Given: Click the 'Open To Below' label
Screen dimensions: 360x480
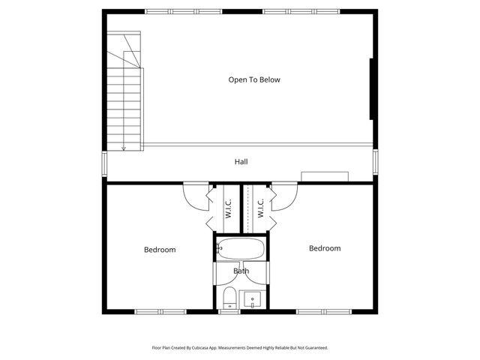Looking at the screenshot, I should click(x=254, y=79).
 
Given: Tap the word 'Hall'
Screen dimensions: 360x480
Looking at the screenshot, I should click(x=241, y=162).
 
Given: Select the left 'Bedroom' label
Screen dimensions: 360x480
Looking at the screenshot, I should click(x=160, y=250).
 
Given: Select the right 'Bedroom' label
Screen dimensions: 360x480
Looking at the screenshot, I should click(x=325, y=248).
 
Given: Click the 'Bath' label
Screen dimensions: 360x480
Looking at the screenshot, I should click(x=241, y=271).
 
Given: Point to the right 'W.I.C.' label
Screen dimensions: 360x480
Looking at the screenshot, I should click(x=260, y=208).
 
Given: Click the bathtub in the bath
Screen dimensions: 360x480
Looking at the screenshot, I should click(x=241, y=248).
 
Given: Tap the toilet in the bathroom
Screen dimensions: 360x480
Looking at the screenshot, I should click(x=230, y=298).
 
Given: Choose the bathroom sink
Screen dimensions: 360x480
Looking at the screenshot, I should click(x=253, y=298).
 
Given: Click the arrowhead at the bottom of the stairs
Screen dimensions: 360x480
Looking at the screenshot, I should click(x=124, y=148).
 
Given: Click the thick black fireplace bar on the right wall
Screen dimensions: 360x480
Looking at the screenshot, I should click(x=372, y=88).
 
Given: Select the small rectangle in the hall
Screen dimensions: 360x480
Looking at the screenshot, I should click(x=325, y=176).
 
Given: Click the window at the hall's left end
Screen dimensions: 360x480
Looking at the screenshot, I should click(x=105, y=163).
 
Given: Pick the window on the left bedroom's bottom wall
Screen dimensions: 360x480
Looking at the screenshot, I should click(x=160, y=311).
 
